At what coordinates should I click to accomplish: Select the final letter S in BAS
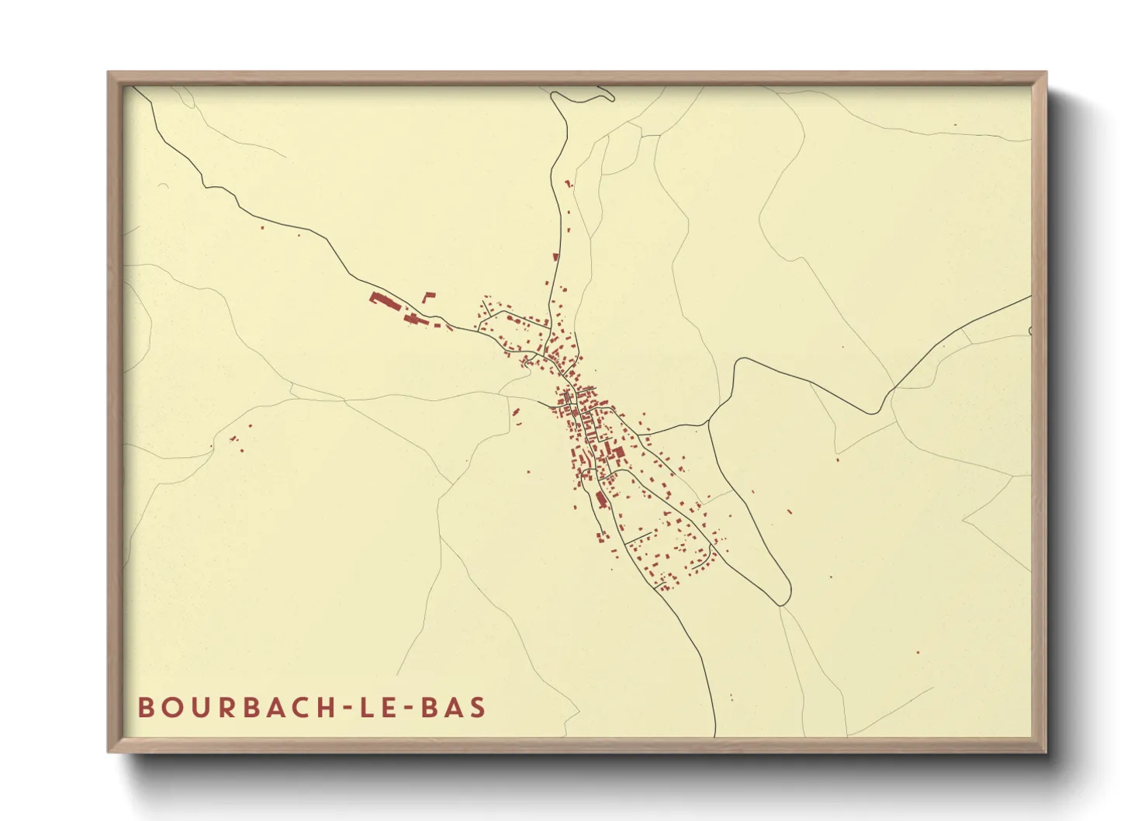click(x=478, y=708)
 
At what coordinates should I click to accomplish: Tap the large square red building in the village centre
click(x=619, y=452)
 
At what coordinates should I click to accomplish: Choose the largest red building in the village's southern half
click(x=600, y=500)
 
